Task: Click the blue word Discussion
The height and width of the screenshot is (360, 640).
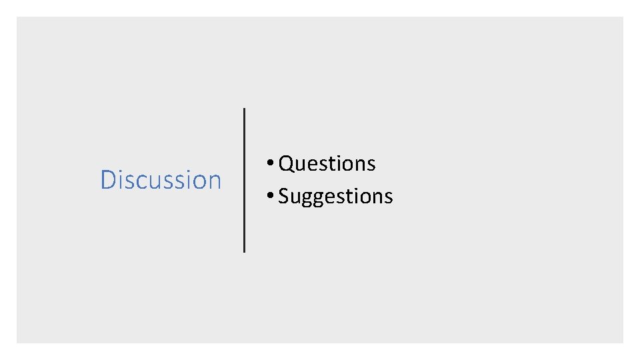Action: pyautogui.click(x=161, y=180)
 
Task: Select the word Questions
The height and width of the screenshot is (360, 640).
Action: pyautogui.click(x=327, y=163)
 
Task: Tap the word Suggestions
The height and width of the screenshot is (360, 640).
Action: pyautogui.click(x=335, y=197)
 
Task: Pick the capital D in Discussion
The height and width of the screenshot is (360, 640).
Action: pyautogui.click(x=107, y=180)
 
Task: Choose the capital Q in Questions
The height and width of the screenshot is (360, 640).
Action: pyautogui.click(x=287, y=164)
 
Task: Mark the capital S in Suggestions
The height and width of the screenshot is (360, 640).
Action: pyautogui.click(x=284, y=197)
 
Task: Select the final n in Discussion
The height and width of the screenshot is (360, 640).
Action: pyautogui.click(x=214, y=181)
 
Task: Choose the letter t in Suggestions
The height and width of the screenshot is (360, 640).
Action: pyautogui.click(x=354, y=197)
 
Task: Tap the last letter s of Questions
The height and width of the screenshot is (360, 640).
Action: pyautogui.click(x=371, y=165)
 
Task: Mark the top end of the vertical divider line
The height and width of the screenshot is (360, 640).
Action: pyautogui.click(x=245, y=109)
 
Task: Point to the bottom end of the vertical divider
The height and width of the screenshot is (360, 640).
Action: pyautogui.click(x=245, y=251)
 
